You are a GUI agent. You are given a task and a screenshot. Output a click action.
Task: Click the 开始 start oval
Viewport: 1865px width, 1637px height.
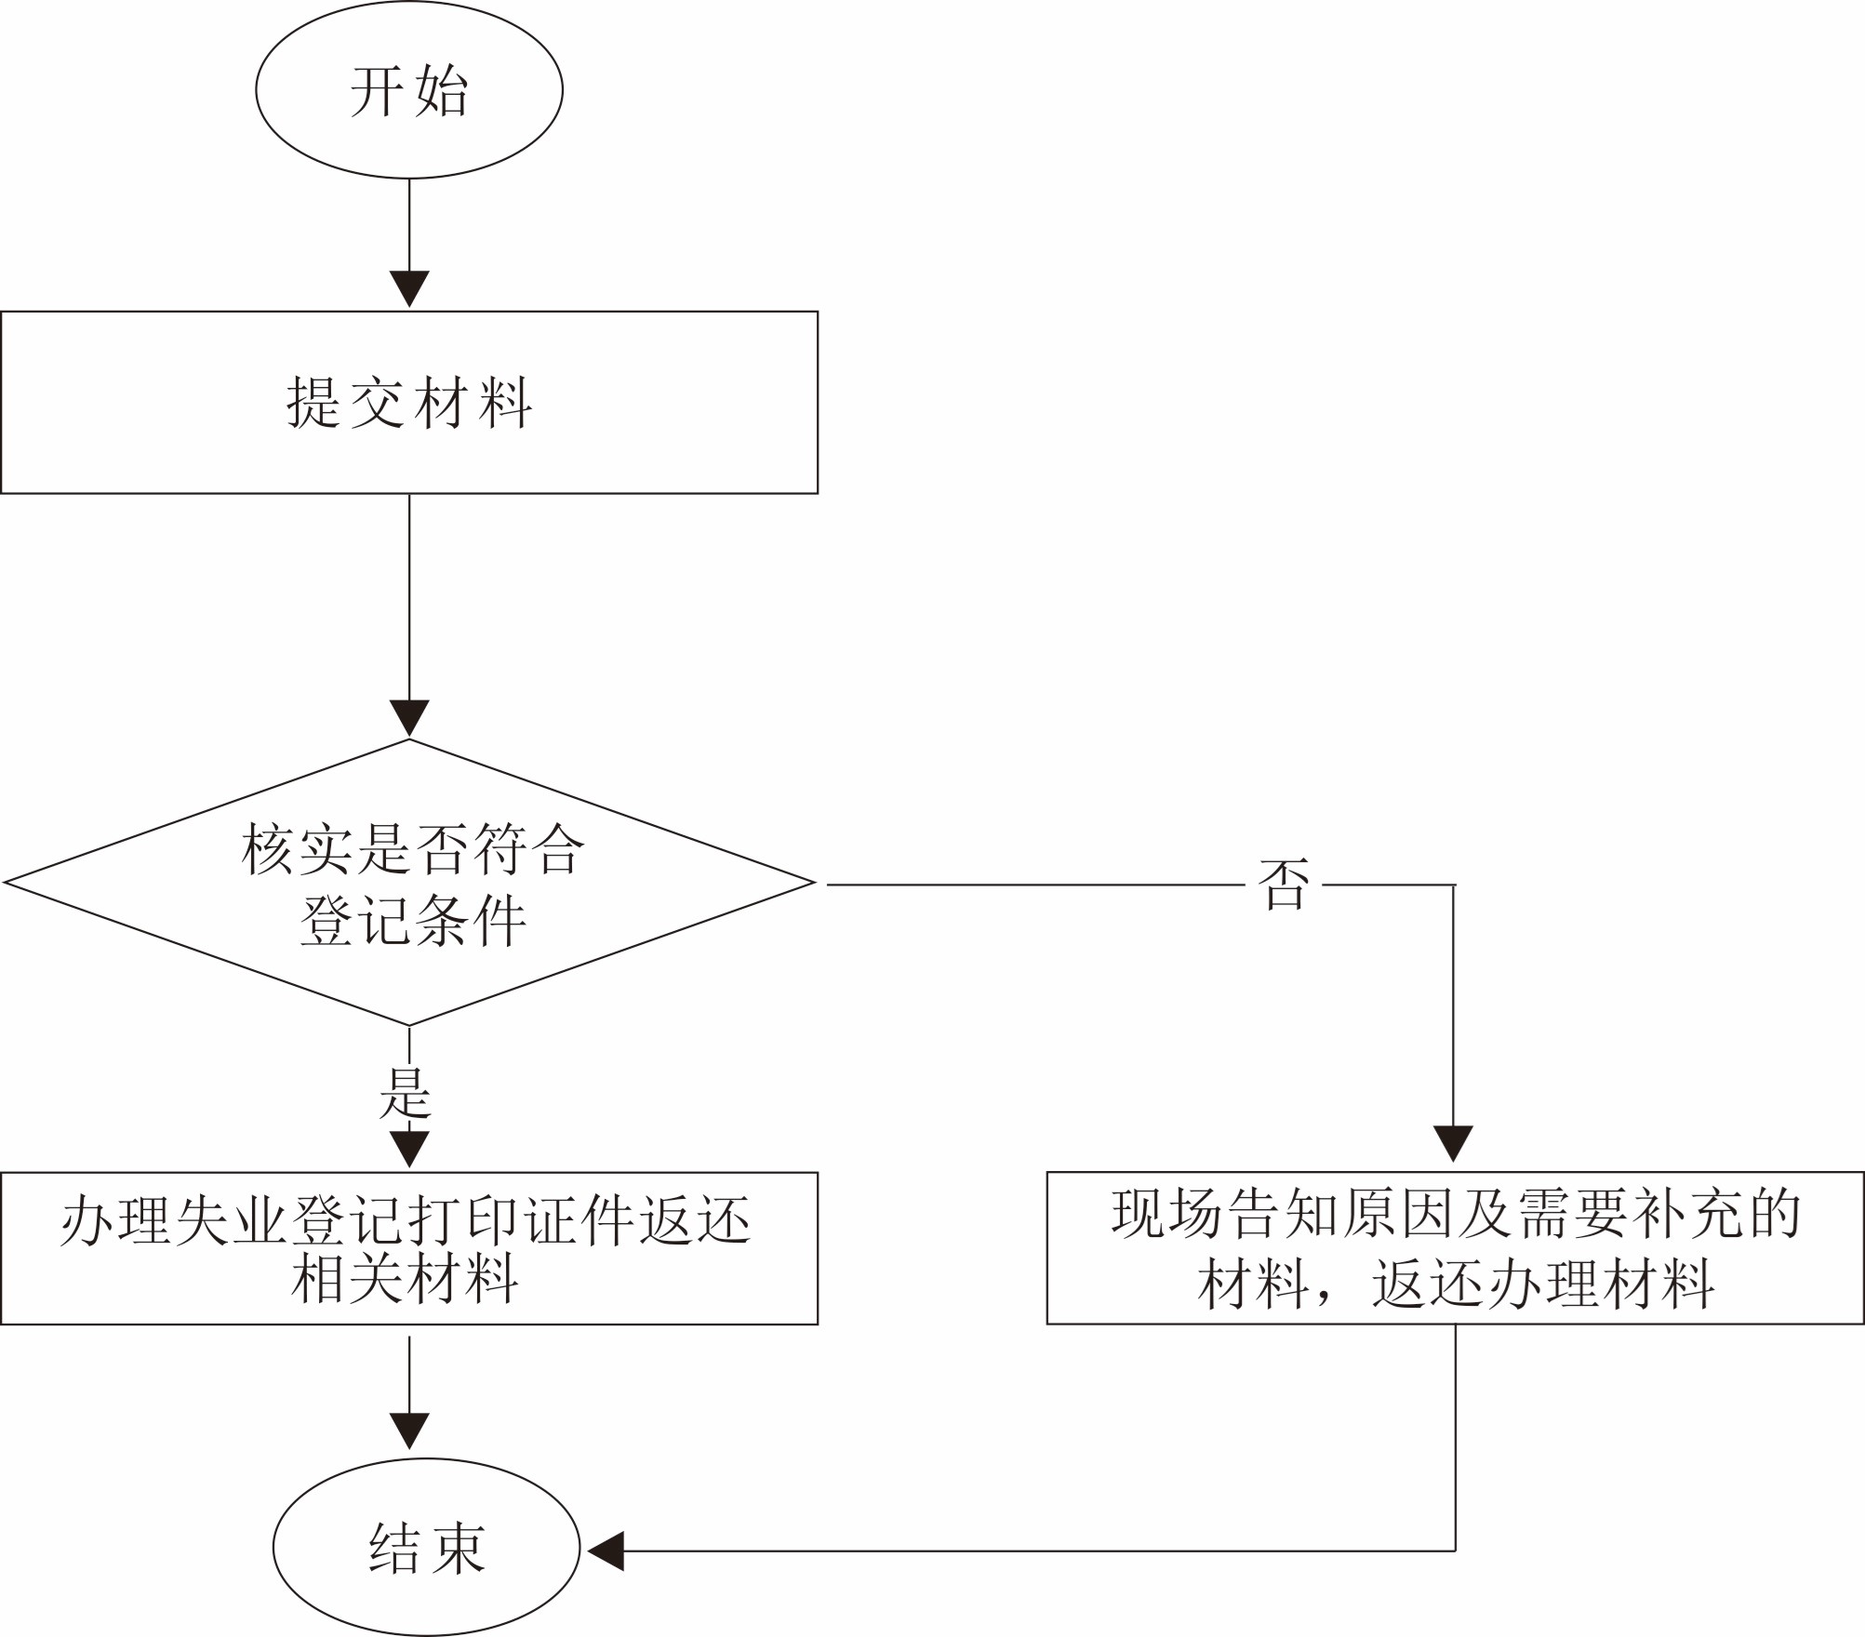point(409,89)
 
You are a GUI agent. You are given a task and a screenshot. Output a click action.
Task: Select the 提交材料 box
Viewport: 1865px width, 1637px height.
point(409,402)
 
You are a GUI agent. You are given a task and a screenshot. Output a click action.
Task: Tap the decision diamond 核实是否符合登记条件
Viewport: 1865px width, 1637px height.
point(409,883)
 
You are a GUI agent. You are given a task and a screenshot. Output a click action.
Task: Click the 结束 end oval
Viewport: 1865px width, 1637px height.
point(426,1548)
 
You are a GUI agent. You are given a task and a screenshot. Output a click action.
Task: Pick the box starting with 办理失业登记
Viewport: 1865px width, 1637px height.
point(409,1248)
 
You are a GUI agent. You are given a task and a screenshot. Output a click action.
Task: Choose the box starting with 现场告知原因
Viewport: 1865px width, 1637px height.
point(1455,1248)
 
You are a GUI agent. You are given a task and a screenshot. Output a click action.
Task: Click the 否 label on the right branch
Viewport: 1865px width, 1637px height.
point(1284,884)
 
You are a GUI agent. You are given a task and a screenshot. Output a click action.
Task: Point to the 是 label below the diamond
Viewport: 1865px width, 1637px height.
point(406,1093)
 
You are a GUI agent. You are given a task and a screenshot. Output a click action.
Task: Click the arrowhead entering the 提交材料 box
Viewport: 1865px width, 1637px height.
point(409,288)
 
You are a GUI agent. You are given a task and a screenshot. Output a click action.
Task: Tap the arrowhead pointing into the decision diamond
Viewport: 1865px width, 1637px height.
point(409,718)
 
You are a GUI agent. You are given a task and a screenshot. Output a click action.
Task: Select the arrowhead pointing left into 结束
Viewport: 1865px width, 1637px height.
point(606,1550)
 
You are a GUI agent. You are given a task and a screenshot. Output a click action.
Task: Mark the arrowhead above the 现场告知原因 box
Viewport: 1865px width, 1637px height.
point(1453,1142)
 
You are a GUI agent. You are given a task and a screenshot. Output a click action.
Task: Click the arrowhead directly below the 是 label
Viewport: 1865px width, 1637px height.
point(409,1148)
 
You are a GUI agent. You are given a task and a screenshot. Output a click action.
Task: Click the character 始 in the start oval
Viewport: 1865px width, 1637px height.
point(442,90)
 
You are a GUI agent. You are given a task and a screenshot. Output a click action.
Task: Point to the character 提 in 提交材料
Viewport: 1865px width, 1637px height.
point(313,402)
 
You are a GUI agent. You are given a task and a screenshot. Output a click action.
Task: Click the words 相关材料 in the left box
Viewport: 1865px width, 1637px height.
point(405,1279)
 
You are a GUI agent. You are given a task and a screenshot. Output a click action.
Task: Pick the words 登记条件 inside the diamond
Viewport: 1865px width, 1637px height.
point(413,921)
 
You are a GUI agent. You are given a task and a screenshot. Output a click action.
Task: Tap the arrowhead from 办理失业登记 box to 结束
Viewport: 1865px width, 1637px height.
point(409,1430)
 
